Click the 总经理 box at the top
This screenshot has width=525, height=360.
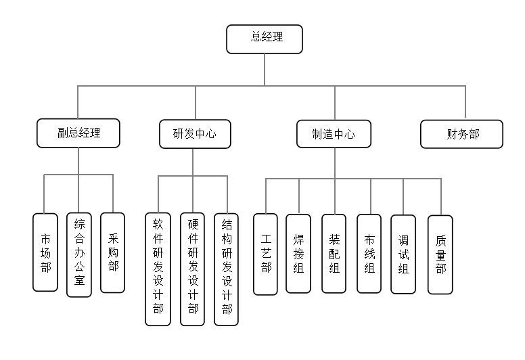tap(264, 39)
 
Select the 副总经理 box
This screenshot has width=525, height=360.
tap(78, 133)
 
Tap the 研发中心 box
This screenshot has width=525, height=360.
tap(196, 133)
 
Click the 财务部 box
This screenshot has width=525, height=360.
tap(461, 134)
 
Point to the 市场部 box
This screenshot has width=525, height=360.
tap(45, 252)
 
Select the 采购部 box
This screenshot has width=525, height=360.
tap(112, 252)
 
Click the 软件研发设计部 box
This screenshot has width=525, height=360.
tap(158, 269)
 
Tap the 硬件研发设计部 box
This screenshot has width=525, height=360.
tap(192, 269)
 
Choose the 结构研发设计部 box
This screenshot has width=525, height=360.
tap(226, 269)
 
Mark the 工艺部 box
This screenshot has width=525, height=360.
tap(265, 254)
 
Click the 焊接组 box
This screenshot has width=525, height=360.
tap(298, 253)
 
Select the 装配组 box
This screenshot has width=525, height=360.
tap(334, 253)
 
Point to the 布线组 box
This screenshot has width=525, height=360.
tap(369, 253)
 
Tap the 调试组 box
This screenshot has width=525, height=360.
tap(403, 254)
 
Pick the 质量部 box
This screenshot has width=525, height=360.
tap(440, 254)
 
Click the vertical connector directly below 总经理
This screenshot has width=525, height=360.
tap(265, 69)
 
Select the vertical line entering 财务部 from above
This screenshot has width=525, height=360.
tap(465, 103)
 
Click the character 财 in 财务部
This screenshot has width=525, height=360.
tap(451, 134)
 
